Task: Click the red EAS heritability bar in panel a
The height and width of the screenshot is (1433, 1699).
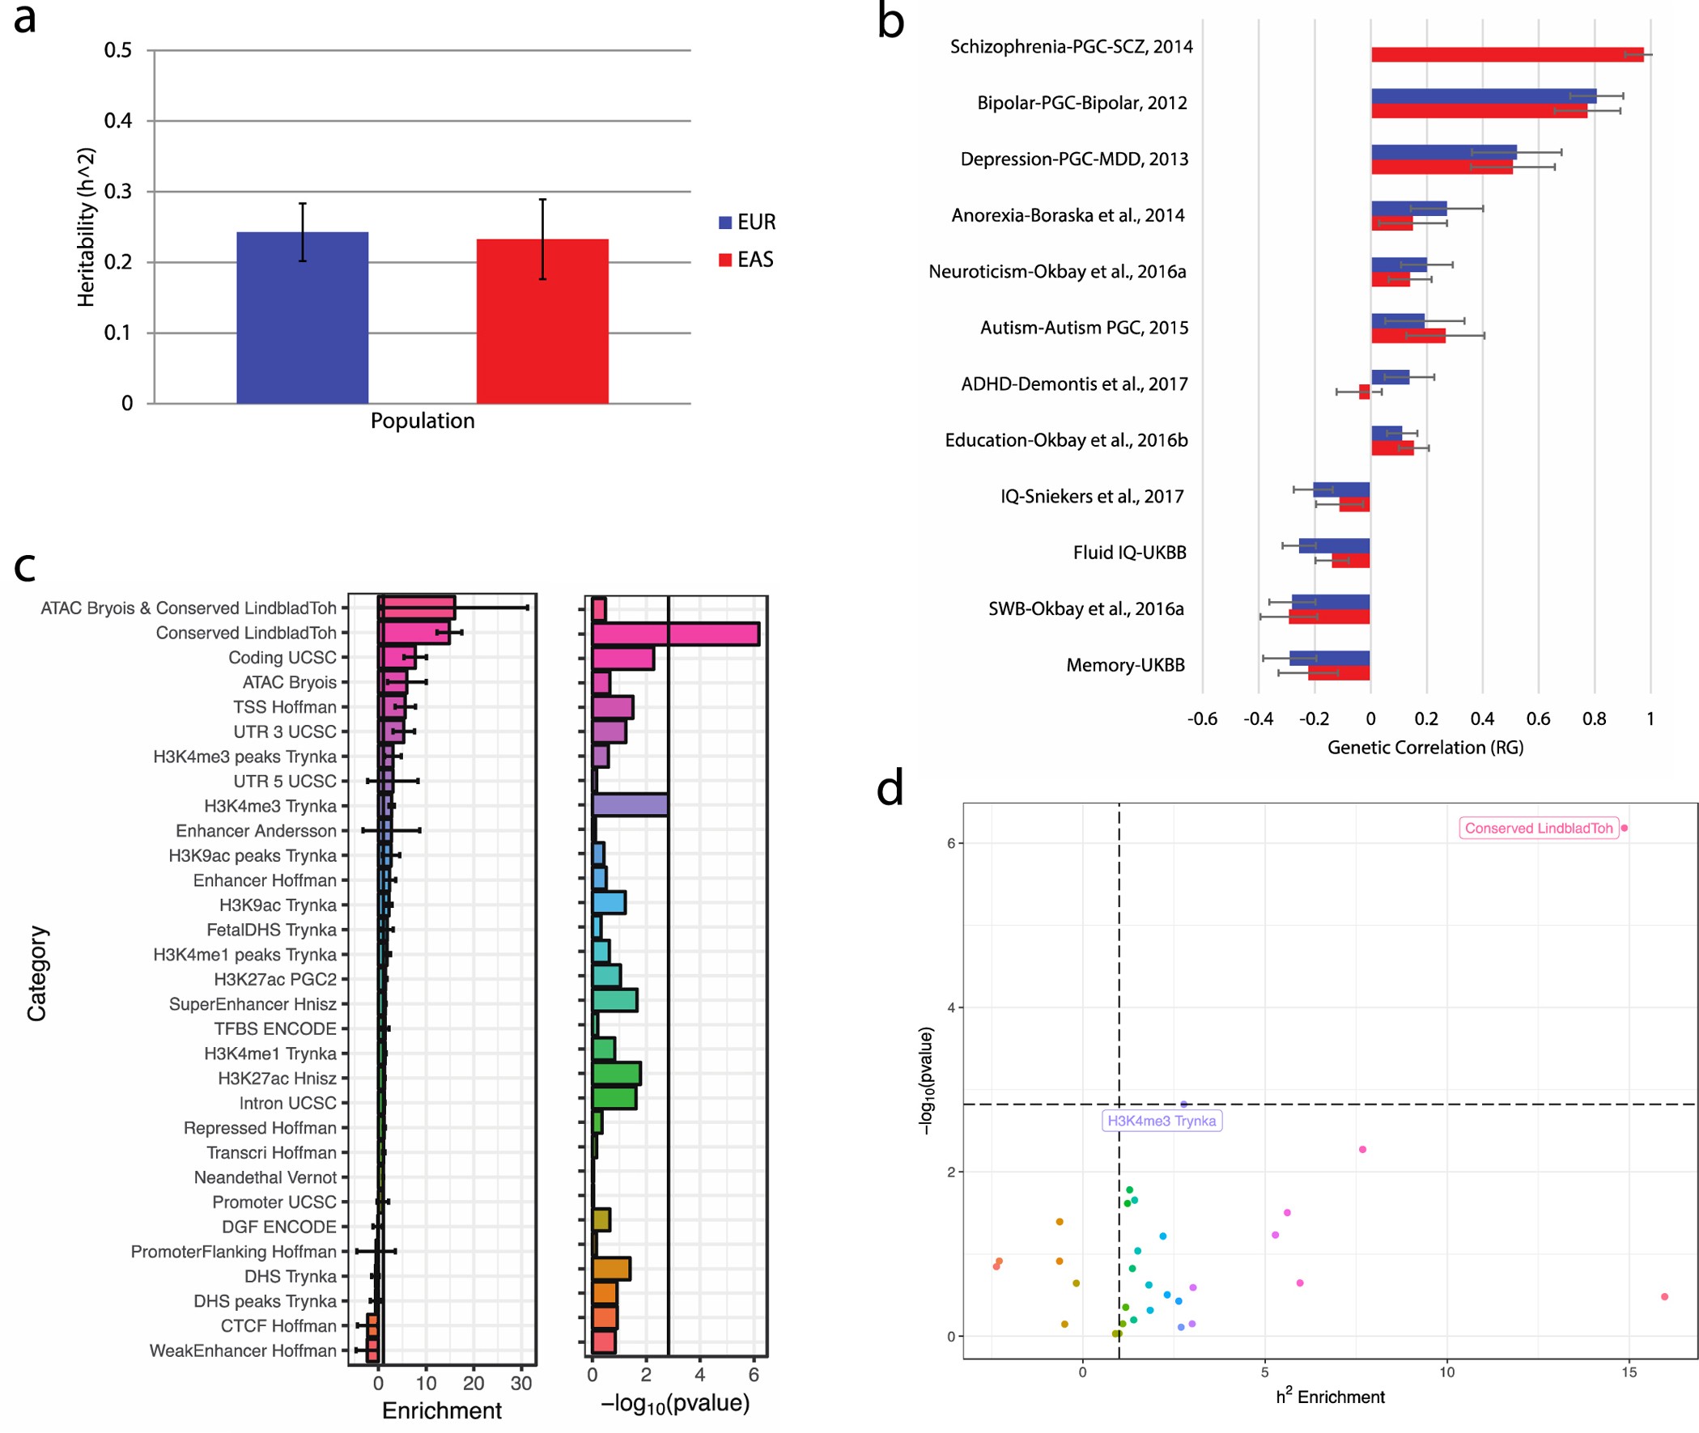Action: pyautogui.click(x=542, y=321)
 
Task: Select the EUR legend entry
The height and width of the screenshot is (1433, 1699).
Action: pyautogui.click(x=747, y=222)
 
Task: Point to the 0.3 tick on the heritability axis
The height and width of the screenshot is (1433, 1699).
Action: pyautogui.click(x=118, y=191)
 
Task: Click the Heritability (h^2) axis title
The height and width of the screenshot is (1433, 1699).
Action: pyautogui.click(x=85, y=227)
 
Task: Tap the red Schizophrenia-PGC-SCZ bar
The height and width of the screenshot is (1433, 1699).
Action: pyautogui.click(x=1506, y=54)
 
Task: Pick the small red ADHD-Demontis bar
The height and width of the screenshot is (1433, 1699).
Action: pyautogui.click(x=1364, y=392)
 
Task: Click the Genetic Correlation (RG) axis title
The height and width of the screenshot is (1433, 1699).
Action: pyautogui.click(x=1425, y=747)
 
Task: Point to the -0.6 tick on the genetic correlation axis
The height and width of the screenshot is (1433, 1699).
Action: pyautogui.click(x=1202, y=719)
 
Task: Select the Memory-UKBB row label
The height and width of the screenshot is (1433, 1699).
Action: pyautogui.click(x=1124, y=664)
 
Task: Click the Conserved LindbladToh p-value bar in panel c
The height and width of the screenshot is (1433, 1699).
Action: pyautogui.click(x=674, y=634)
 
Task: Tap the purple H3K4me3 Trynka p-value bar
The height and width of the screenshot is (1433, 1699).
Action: pyautogui.click(x=630, y=805)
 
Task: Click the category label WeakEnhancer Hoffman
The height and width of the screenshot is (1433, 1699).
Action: pyautogui.click(x=242, y=1350)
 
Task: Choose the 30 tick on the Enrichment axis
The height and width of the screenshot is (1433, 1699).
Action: pyautogui.click(x=520, y=1383)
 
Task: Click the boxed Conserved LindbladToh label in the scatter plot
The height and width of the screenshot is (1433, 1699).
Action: pyautogui.click(x=1537, y=828)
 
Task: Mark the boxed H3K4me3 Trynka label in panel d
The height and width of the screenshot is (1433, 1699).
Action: pyautogui.click(x=1161, y=1120)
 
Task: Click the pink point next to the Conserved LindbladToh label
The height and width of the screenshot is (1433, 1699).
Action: pyautogui.click(x=1624, y=828)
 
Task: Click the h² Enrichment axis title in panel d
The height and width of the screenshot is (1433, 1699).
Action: pyautogui.click(x=1329, y=1397)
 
